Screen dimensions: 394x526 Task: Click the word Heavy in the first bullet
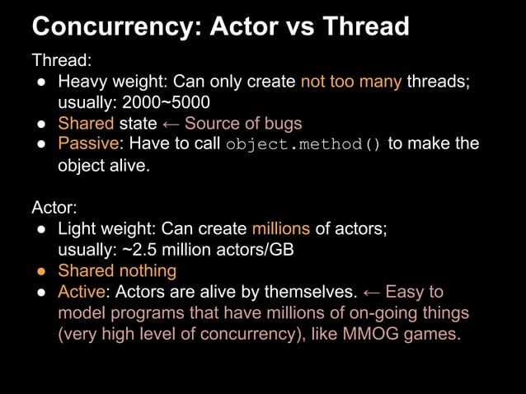(80, 82)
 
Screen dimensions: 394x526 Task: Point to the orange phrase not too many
(351, 82)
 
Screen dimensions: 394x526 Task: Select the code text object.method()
(303, 145)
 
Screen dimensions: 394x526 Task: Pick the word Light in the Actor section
(77, 228)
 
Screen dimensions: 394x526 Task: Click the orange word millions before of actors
(281, 228)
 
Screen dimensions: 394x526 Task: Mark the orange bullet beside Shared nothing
(40, 270)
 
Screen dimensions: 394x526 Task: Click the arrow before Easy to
(371, 292)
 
